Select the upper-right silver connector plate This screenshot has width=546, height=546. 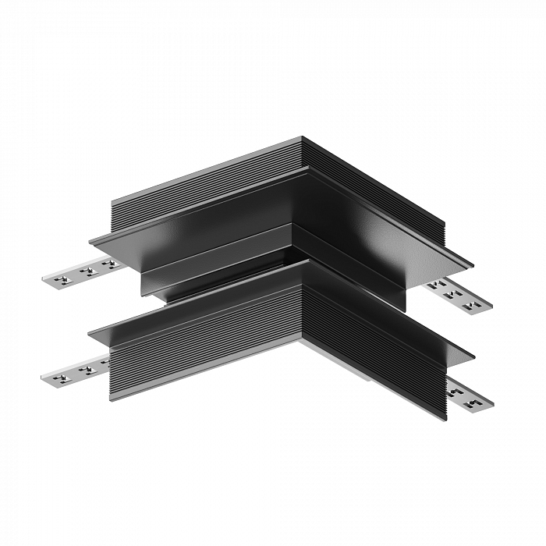coord(458,295)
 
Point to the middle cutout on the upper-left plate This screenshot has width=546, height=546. coord(86,271)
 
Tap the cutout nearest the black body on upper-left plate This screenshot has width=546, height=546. coord(108,264)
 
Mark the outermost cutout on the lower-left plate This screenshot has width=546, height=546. coord(57,375)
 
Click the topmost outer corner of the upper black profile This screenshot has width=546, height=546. coord(302,138)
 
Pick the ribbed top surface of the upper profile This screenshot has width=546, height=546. coord(226,175)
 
